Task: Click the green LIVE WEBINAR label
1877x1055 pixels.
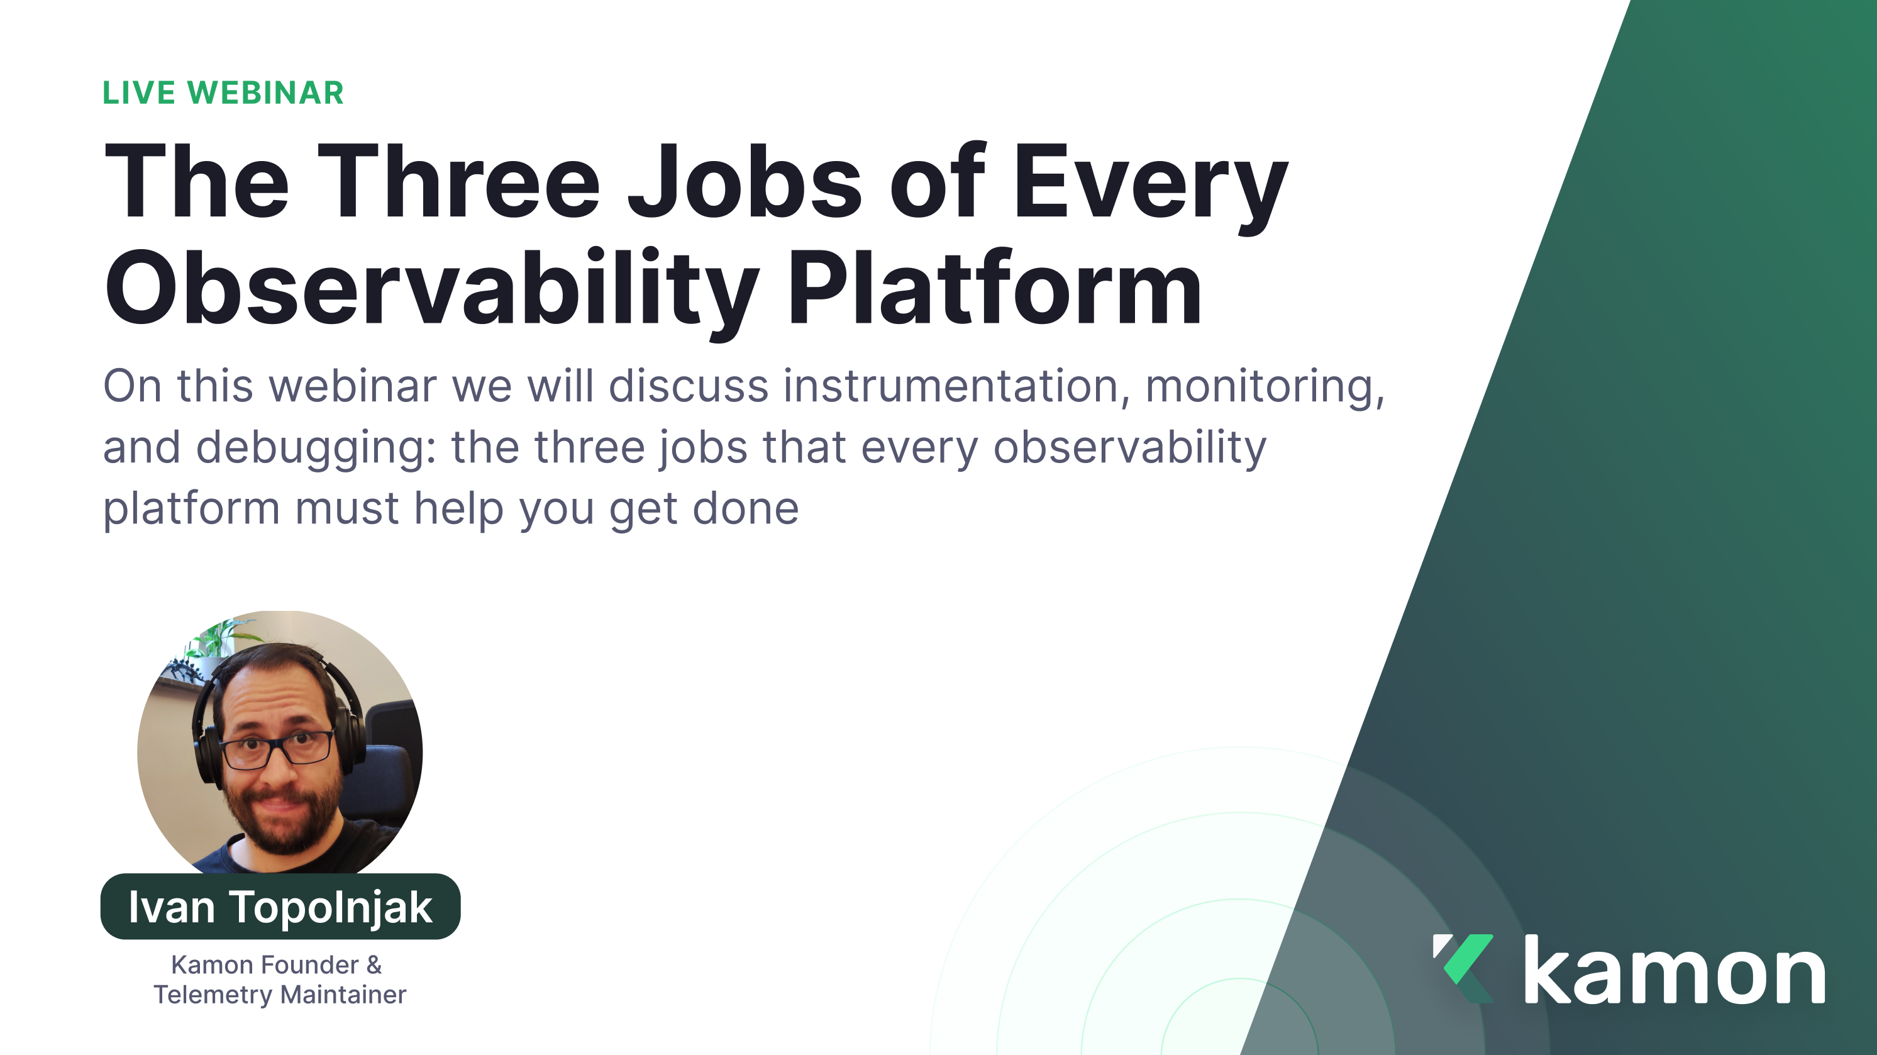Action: (x=222, y=92)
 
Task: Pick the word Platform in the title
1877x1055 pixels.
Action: (x=995, y=289)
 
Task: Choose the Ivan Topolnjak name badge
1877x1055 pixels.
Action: (x=280, y=907)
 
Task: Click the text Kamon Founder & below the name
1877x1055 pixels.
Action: (x=276, y=964)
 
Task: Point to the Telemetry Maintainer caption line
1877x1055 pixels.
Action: (x=280, y=995)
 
